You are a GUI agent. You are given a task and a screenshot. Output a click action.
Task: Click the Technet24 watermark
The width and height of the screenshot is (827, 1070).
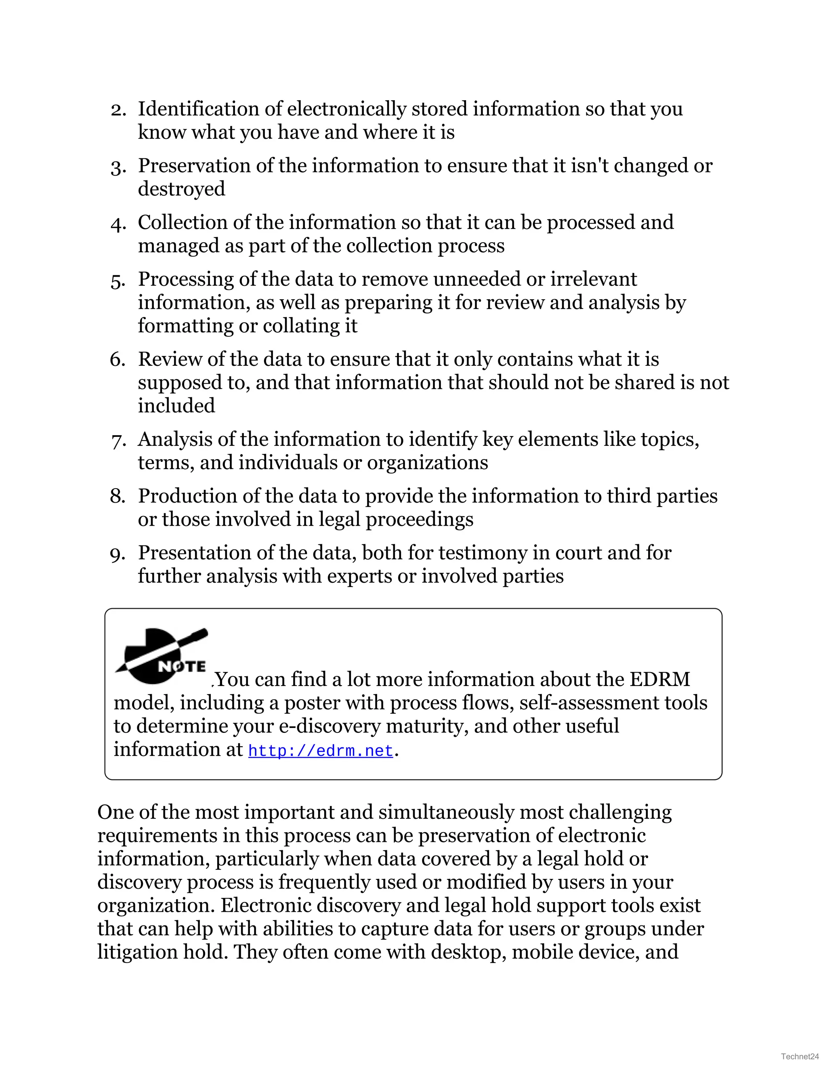click(x=800, y=1056)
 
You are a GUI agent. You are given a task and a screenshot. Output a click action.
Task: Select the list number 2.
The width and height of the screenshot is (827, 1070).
click(x=118, y=110)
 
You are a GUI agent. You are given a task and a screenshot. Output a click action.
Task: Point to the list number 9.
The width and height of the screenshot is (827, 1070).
click(x=118, y=554)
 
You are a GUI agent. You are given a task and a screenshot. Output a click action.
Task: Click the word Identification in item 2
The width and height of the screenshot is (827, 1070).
click(x=198, y=109)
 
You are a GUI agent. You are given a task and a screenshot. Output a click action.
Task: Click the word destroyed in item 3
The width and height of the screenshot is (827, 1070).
click(x=181, y=189)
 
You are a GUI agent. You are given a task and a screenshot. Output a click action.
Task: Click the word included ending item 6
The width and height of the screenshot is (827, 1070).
click(x=176, y=406)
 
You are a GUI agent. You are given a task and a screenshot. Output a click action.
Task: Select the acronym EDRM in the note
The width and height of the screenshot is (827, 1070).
click(x=659, y=680)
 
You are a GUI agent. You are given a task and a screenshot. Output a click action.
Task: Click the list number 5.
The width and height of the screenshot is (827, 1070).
click(x=118, y=281)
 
